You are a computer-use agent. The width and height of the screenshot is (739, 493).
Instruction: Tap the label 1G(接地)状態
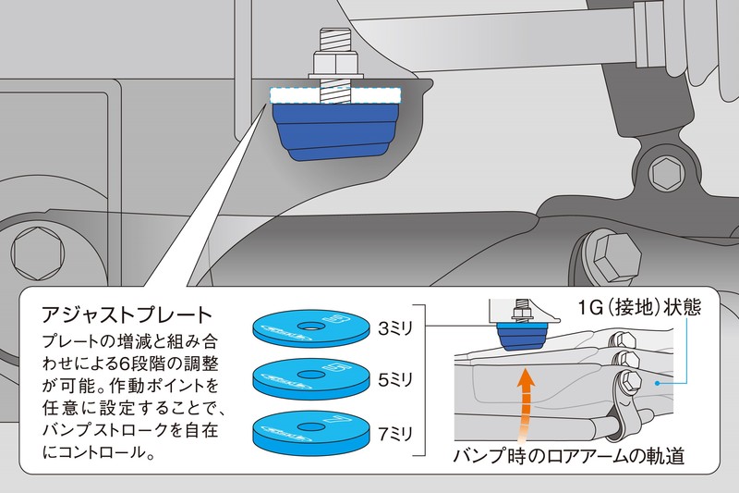point(641,308)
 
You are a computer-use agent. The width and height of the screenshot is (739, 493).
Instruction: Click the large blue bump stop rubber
point(337,134)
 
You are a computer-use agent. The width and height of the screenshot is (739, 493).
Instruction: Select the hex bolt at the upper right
point(664,172)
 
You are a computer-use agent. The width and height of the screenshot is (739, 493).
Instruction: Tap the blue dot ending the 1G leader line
point(654,380)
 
